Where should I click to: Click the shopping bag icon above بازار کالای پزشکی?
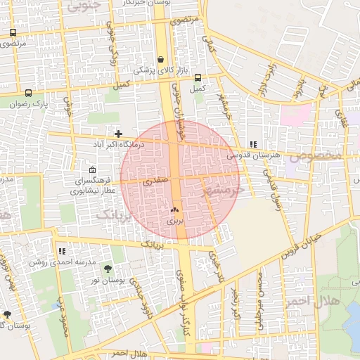pos(161,60)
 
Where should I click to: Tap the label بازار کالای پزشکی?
pos(154,70)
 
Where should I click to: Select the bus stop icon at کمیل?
pos(198,78)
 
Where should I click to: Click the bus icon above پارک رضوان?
pos(28,93)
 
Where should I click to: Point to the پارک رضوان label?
pos(27,103)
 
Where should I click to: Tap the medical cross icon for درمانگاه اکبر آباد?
pos(118,133)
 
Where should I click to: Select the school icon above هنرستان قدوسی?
pos(253,144)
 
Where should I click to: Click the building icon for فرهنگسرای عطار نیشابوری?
pos(93,169)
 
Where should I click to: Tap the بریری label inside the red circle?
pos(174,220)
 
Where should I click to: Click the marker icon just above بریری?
pos(174,210)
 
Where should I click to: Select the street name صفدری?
pos(156,181)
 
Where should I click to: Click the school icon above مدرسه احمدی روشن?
pos(62,251)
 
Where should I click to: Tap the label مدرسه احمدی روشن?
pos(57,262)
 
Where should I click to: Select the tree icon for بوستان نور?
pos(107,269)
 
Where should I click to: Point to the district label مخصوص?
pos(319,154)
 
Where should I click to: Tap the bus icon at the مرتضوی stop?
pos(13,33)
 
